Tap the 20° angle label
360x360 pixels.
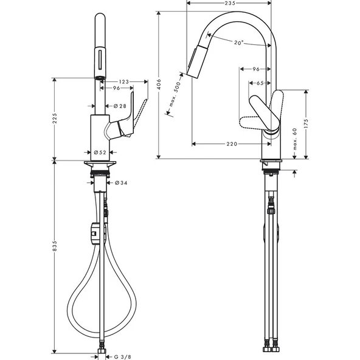point(238,43)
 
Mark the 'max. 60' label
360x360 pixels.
point(294,139)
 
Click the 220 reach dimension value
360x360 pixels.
point(230,144)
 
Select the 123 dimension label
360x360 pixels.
point(123,81)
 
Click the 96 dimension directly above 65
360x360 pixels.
point(255,69)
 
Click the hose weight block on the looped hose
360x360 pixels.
point(93,232)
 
